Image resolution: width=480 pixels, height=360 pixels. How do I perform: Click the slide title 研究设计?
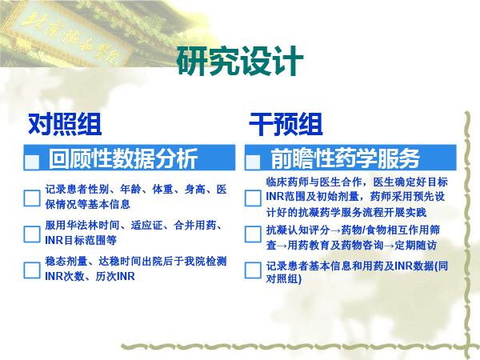(x=240, y=61)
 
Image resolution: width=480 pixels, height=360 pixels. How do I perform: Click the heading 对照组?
(x=65, y=124)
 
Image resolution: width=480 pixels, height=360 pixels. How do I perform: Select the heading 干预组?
(x=286, y=124)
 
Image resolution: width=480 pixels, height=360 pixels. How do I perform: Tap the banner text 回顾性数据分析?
(x=123, y=158)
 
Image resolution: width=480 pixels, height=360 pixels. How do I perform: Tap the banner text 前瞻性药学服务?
(x=345, y=158)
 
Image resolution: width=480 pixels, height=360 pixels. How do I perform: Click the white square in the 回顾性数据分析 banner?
(x=32, y=162)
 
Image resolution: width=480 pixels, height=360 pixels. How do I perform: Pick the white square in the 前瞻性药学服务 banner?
(x=253, y=162)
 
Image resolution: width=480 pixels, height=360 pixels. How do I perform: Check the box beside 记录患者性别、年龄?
(x=32, y=198)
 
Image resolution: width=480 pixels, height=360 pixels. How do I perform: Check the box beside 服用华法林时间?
(x=32, y=234)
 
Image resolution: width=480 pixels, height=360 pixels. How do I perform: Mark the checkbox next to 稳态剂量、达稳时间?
(x=32, y=270)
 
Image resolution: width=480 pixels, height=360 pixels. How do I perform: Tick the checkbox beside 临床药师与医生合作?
(x=253, y=198)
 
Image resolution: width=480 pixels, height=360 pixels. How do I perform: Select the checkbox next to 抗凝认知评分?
(x=253, y=234)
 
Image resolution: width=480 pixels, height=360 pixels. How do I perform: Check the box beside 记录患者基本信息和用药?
(x=253, y=270)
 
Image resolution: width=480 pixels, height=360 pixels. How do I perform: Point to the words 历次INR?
(x=115, y=276)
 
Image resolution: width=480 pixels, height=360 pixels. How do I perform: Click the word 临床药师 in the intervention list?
(x=287, y=182)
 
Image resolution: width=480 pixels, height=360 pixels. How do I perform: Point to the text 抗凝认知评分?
(x=298, y=230)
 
